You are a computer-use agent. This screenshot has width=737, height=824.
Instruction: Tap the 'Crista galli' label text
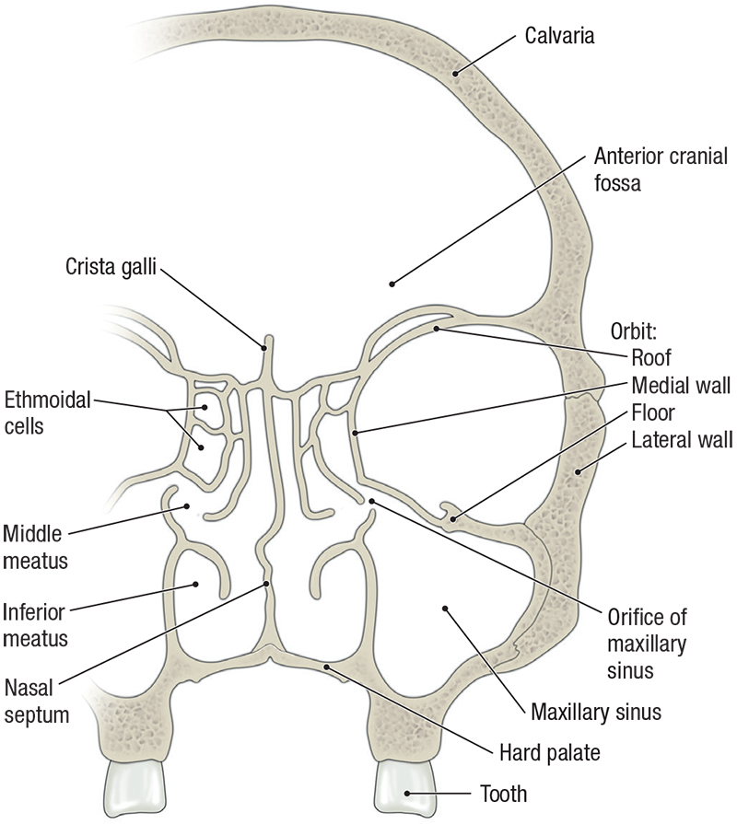(x=111, y=267)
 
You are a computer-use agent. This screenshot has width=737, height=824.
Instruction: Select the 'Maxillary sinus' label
(x=596, y=712)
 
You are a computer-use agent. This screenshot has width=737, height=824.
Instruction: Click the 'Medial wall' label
(x=681, y=385)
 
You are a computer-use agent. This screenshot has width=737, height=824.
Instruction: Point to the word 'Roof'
(x=651, y=357)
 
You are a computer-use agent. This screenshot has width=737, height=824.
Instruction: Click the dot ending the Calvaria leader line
(x=454, y=73)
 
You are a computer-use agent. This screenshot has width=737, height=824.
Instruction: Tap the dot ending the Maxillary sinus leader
(x=445, y=608)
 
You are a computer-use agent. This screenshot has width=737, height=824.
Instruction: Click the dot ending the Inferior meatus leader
(x=195, y=584)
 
